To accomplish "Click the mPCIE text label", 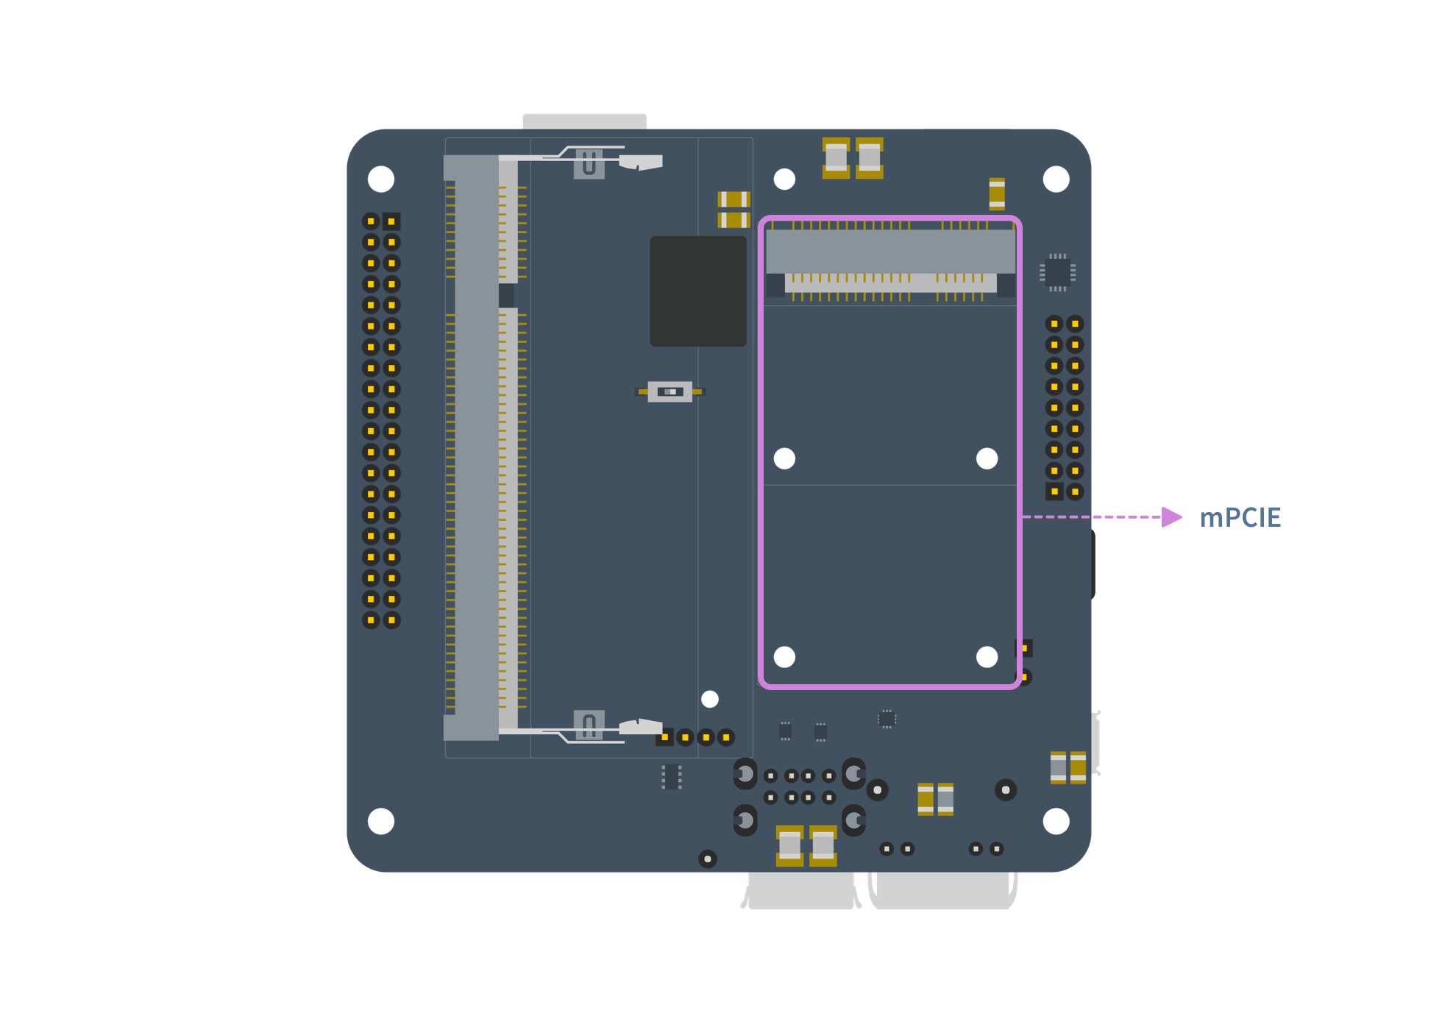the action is (x=1240, y=518).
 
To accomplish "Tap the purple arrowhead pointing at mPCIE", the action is (x=1172, y=517).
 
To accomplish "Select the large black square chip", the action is (x=698, y=291).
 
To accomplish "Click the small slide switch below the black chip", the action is (x=669, y=391).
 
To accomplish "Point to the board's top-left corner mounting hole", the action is (x=381, y=180).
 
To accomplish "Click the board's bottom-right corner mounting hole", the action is (x=1056, y=821).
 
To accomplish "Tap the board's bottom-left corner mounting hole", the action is (x=381, y=821).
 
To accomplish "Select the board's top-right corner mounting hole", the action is (x=1056, y=180).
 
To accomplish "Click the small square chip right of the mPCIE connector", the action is (x=1057, y=272).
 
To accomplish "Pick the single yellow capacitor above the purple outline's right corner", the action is (x=997, y=194).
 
